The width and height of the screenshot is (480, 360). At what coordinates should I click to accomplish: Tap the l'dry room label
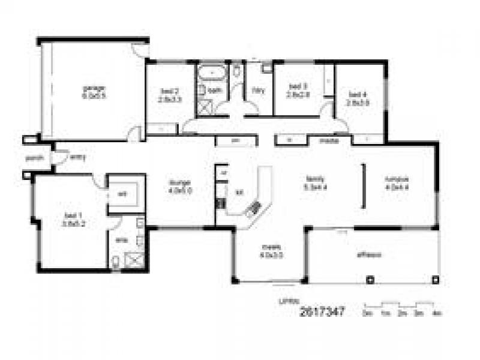[258, 91]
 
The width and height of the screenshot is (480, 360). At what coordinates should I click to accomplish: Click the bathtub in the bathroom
[211, 74]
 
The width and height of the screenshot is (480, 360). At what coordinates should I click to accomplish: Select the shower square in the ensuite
[134, 260]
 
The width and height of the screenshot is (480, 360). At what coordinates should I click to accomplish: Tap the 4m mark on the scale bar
[437, 313]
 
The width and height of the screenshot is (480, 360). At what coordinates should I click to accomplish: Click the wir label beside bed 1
[121, 193]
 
